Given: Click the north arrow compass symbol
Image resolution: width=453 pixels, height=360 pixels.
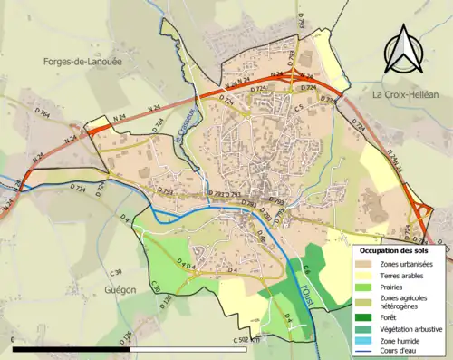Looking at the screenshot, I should pyautogui.click(x=402, y=49).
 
